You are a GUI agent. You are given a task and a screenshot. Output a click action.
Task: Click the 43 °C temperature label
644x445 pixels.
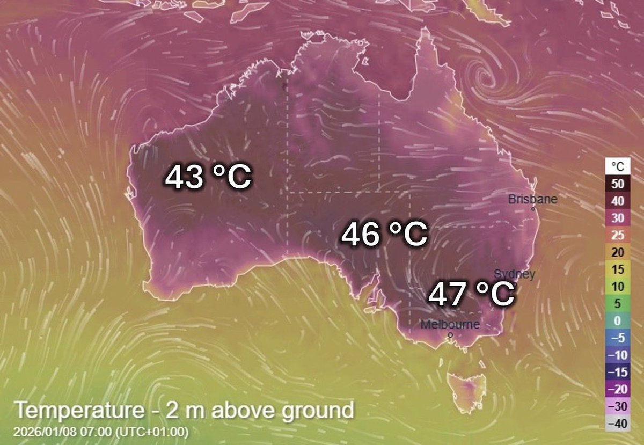(208, 177)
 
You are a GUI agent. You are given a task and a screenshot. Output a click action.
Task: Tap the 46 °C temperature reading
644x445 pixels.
(384, 235)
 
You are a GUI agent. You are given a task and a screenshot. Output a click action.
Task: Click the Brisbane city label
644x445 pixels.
(532, 199)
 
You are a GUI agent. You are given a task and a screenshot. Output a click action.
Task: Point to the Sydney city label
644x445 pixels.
(514, 274)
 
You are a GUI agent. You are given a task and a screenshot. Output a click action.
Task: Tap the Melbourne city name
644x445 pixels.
(450, 325)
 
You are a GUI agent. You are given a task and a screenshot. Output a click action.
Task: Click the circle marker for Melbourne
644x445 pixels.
(450, 335)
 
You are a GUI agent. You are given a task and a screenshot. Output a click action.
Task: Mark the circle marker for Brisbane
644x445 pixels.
(533, 209)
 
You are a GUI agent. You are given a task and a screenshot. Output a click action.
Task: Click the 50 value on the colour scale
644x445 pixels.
(617, 184)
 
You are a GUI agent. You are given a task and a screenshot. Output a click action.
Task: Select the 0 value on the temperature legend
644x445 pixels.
(617, 320)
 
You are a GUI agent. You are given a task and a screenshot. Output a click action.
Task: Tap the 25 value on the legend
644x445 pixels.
(617, 235)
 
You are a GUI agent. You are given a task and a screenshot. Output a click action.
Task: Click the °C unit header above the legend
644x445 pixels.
(617, 166)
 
